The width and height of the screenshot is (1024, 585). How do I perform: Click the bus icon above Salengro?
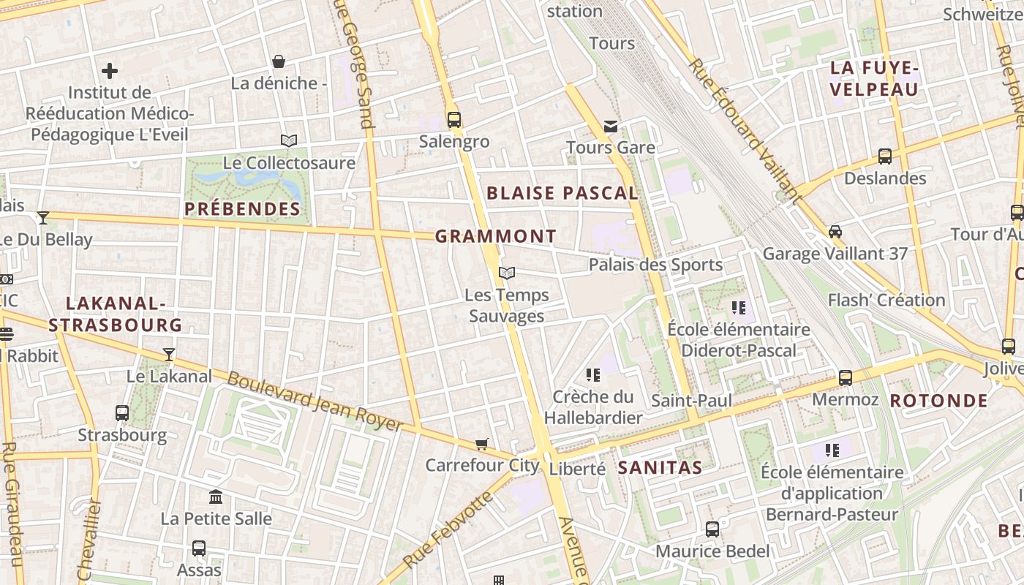point(454,120)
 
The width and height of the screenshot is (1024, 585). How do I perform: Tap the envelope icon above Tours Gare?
point(611,127)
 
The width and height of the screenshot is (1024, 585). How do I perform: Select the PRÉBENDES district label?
point(242,209)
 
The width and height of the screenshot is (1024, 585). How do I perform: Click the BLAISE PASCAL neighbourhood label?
point(562,193)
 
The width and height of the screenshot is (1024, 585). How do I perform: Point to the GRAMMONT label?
point(496,236)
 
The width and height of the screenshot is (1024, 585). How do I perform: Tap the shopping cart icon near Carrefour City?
point(482,444)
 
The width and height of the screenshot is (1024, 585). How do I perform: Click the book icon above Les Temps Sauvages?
point(507,273)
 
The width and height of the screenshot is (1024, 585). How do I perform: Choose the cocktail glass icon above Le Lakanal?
point(169,355)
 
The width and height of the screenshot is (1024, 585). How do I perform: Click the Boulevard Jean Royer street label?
point(315,401)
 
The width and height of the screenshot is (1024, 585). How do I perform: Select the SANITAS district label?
point(660,467)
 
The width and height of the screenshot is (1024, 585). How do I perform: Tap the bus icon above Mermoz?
point(846,378)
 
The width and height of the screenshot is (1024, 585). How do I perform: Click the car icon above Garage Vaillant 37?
point(835,232)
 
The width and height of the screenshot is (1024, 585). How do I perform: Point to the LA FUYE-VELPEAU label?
point(874,79)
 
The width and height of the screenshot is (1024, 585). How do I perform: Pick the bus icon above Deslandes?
point(885,156)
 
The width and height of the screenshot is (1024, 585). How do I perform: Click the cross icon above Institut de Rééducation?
point(110,71)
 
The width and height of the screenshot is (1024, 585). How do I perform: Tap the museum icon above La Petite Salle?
point(216,497)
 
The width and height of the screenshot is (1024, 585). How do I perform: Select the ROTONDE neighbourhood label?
point(938,401)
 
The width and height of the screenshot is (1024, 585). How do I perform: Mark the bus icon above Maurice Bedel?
point(712,529)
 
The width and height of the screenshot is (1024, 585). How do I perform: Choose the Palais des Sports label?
point(655,265)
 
